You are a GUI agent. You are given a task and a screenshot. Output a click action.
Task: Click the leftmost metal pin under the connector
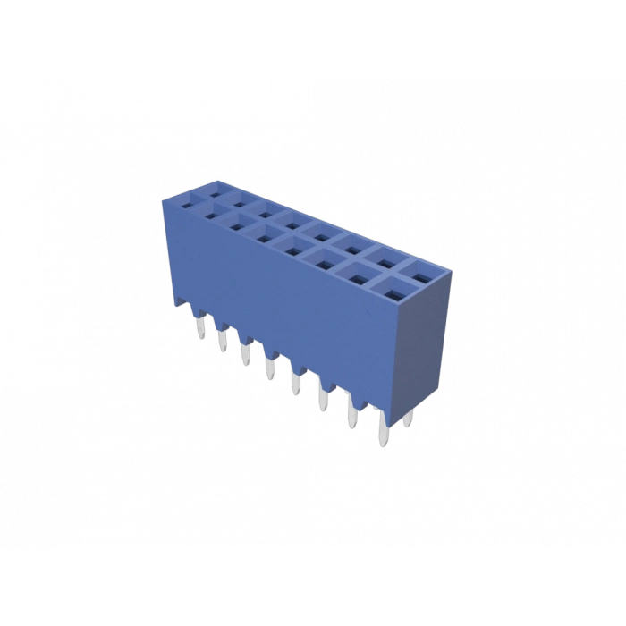pos(195,326)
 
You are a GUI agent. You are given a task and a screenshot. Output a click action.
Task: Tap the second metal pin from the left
pos(219,340)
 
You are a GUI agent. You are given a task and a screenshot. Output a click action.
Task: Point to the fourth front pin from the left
pos(268,368)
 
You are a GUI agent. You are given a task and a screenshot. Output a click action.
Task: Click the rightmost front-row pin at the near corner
pos(384,433)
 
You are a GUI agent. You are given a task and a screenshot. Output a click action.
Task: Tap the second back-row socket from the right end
pos(385,254)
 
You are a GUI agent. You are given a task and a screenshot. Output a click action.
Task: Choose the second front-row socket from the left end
pos(215,215)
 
